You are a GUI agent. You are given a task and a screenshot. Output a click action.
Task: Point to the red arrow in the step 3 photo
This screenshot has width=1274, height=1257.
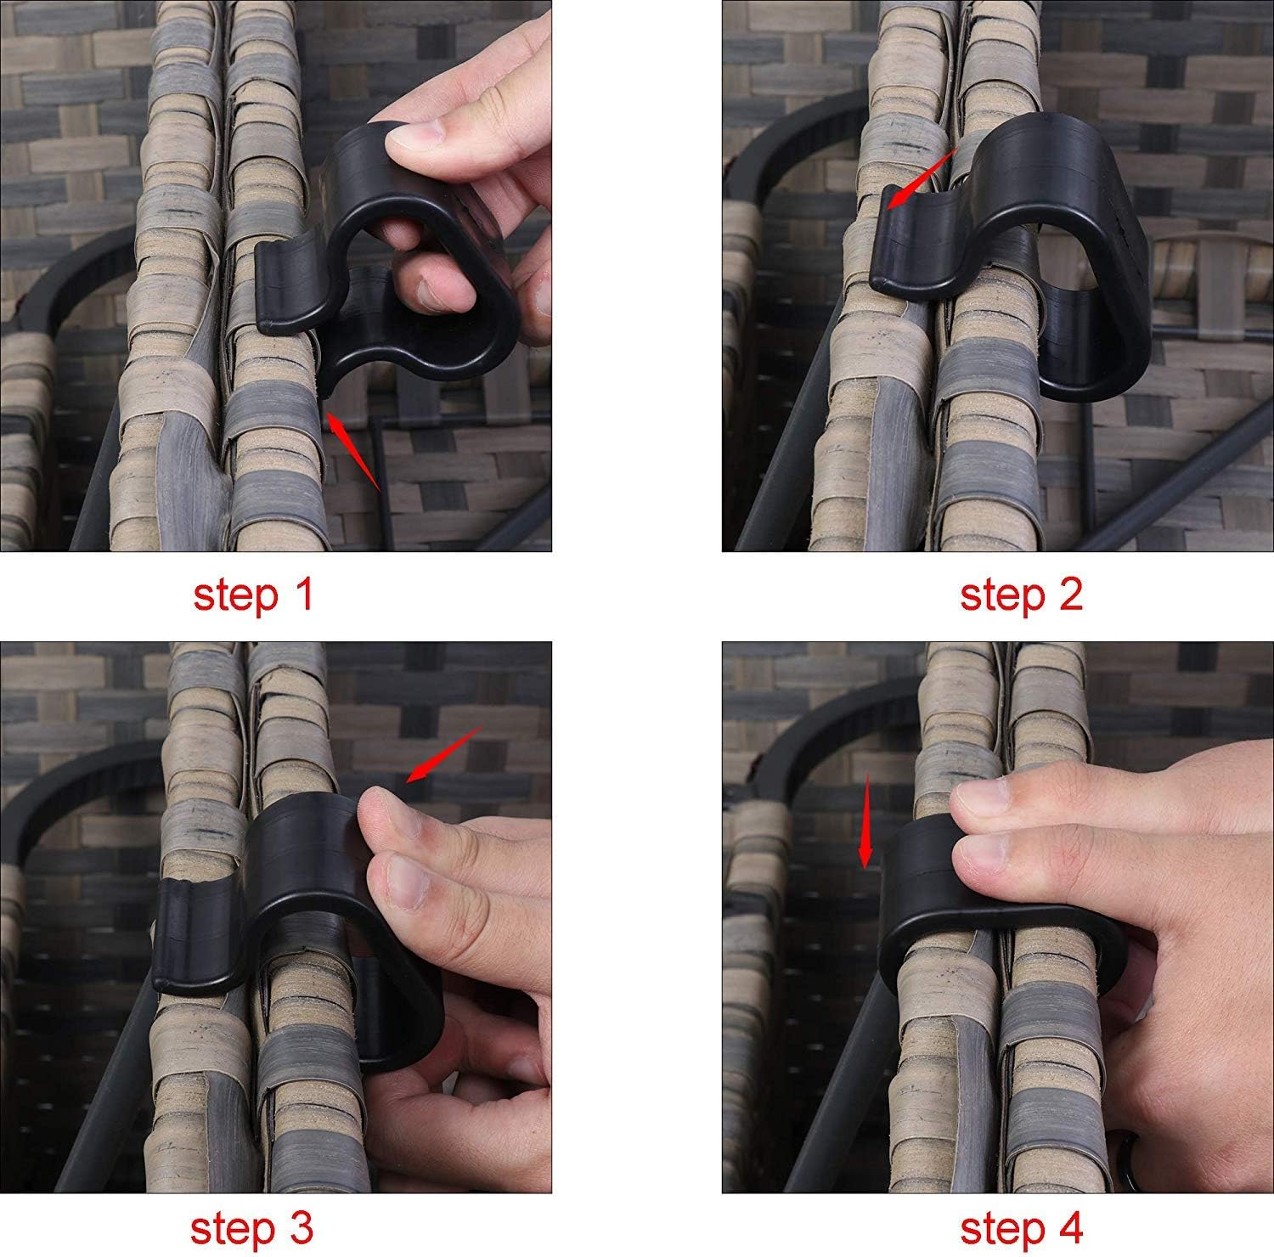point(443,754)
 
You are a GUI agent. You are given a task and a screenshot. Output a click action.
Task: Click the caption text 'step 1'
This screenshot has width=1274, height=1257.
point(253,595)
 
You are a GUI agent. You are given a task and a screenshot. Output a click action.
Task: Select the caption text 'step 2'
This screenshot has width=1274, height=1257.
point(1021,595)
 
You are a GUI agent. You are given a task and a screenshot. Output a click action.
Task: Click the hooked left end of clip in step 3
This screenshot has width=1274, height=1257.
point(183,934)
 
